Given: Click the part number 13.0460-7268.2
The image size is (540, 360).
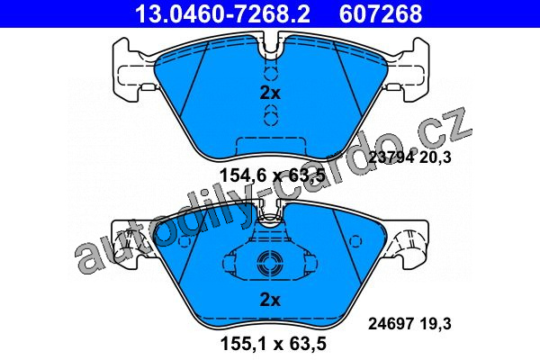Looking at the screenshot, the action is [222, 13].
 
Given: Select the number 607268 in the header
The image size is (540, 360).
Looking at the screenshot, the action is [381, 13].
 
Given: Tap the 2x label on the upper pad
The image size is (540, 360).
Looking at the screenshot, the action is [270, 93].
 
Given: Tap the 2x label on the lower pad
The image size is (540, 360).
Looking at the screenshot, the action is [270, 300].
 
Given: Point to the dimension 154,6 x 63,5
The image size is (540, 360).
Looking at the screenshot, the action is [273, 175].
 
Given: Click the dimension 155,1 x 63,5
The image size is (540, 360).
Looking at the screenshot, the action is [273, 344].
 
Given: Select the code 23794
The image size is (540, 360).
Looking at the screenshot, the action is [391, 157].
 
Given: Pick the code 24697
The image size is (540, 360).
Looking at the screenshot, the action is [391, 324].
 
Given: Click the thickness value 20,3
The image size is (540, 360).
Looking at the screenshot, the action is [435, 157].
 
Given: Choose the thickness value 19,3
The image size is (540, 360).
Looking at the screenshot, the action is [435, 324].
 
